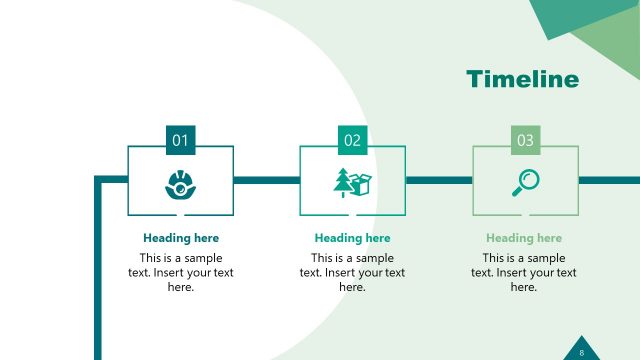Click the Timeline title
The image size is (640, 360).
[x=522, y=80]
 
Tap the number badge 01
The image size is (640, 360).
[x=180, y=141]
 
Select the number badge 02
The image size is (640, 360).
[x=352, y=141]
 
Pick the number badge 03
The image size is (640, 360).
[x=525, y=141]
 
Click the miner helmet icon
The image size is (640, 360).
[x=180, y=184]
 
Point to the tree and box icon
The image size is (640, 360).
[x=352, y=183]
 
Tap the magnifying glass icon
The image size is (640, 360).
[x=525, y=182]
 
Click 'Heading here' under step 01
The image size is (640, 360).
[x=180, y=238]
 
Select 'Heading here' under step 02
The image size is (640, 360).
[x=352, y=238]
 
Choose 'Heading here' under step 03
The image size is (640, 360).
[x=524, y=238]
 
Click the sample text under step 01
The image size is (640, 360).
[x=180, y=272]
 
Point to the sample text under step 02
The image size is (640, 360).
[x=352, y=272]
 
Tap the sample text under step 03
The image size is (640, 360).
[x=524, y=272]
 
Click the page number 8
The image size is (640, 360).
[x=582, y=351]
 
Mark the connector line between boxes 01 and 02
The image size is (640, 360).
[x=266, y=180]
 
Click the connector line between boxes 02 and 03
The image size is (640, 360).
[x=438, y=180]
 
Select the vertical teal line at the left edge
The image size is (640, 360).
[x=98, y=270]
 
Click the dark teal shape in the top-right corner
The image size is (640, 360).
[x=555, y=15]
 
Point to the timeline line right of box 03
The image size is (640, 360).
[x=609, y=180]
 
